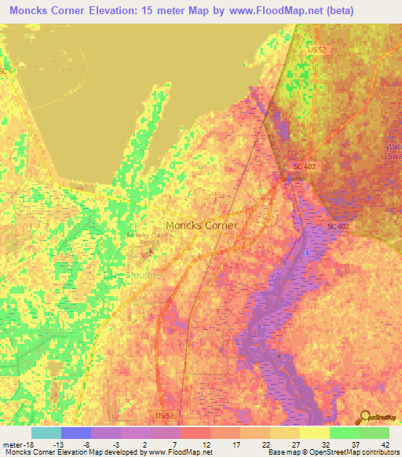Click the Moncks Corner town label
click(x=201, y=225)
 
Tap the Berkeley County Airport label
click(x=143, y=238)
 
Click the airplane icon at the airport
click(x=150, y=251)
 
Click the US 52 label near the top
click(x=316, y=49)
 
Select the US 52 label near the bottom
click(x=164, y=414)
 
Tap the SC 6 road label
click(x=7, y=71)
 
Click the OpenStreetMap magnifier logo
click(x=364, y=417)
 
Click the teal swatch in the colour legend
click(x=46, y=433)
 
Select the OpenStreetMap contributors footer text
click(x=353, y=452)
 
